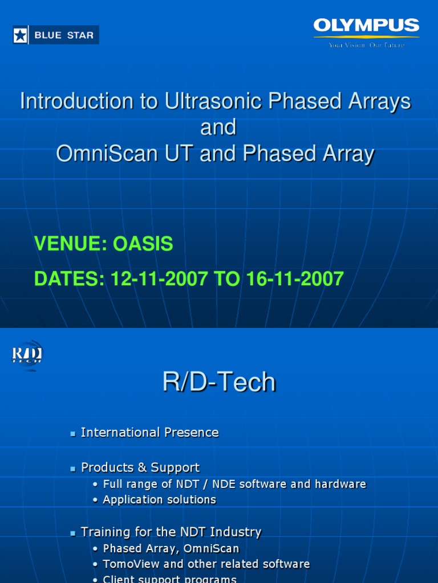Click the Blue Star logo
click(x=56, y=35)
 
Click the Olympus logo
click(x=366, y=26)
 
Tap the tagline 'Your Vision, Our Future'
click(x=366, y=45)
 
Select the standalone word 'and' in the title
click(x=218, y=128)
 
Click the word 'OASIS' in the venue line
click(x=143, y=244)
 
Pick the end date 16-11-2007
click(x=295, y=278)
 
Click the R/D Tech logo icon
click(x=27, y=356)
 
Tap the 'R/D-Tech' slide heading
click(x=219, y=382)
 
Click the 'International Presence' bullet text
click(x=149, y=433)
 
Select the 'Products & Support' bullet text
click(x=140, y=467)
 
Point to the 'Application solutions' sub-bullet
click(x=159, y=500)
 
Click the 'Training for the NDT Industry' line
click(x=171, y=532)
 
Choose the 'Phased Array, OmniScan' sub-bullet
click(x=171, y=549)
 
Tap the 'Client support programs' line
click(x=169, y=579)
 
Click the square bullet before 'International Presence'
click(x=73, y=434)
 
